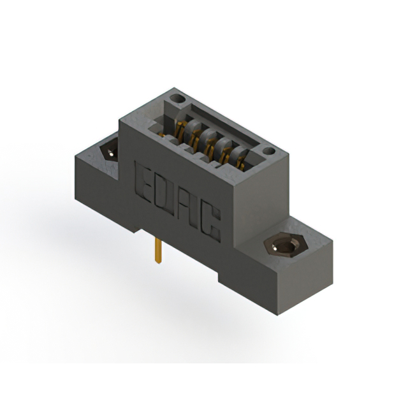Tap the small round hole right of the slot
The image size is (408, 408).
[268, 151]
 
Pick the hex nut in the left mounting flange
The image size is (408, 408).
[109, 152]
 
